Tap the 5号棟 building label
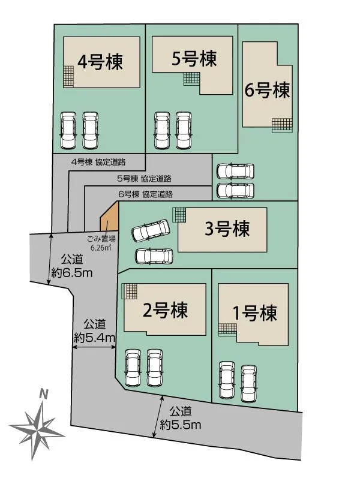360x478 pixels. tap(193, 59)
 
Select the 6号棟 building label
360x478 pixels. tap(267, 91)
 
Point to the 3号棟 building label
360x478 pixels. tap(227, 229)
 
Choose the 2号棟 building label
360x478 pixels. tap(165, 310)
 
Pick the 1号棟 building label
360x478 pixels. tap(254, 313)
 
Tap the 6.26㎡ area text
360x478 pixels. tap(101, 247)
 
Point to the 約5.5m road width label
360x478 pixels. tap(180, 418)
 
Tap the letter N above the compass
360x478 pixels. tap(43, 394)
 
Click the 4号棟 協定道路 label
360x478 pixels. tap(98, 161)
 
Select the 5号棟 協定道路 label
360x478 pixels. tap(144, 178)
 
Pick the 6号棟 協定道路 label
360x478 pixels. tap(146, 194)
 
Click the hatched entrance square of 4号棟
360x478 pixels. tap(70, 76)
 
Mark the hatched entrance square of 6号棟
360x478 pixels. tap(281, 125)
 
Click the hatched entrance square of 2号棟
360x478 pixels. tap(130, 291)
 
